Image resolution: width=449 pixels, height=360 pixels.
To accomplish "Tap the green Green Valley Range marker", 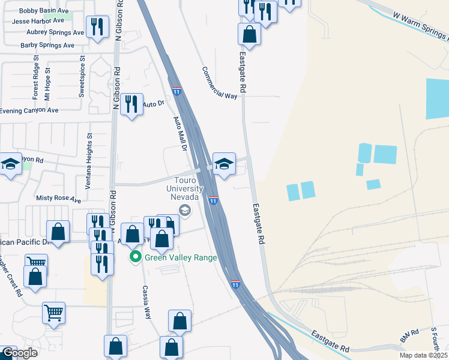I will coord(136,257).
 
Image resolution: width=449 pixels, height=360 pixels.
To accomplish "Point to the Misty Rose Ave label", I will coord(58,199).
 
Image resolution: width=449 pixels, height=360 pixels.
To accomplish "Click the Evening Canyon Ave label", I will coord(29,110).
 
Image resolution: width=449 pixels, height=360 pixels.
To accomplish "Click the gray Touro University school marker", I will coord(185,209).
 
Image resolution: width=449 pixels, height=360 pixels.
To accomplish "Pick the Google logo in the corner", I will coord(19,353).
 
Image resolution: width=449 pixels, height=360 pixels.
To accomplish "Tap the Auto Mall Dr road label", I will coord(181,132).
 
